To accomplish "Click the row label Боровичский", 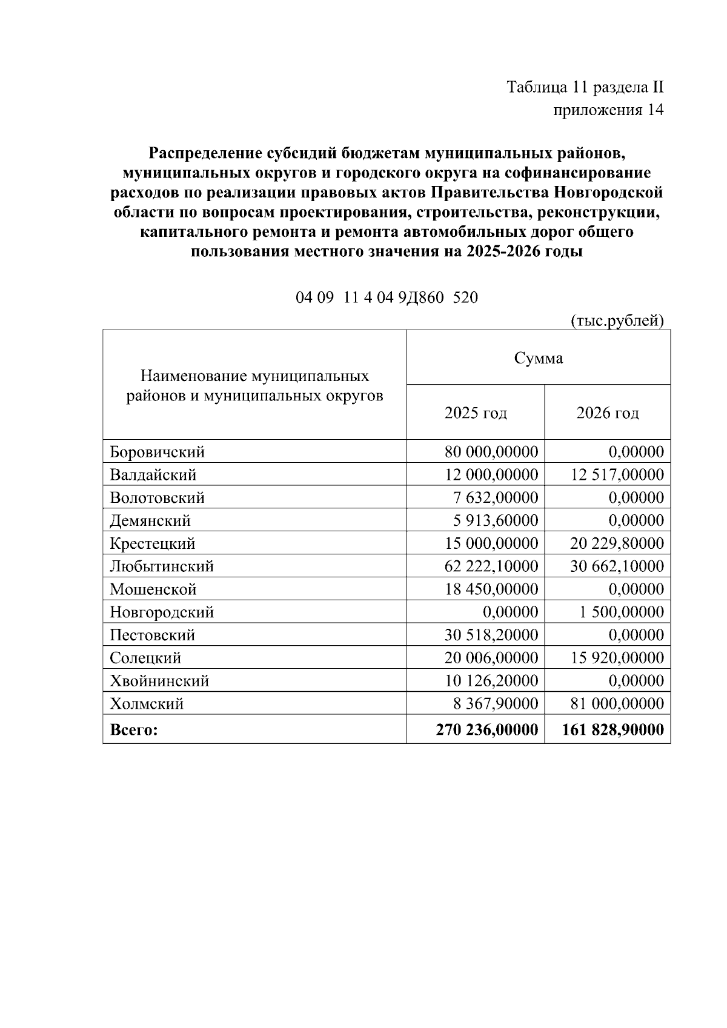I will (158, 452).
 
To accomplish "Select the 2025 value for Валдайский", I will (491, 475).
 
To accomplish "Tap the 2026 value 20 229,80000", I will (617, 543).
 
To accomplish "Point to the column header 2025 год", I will (476, 413).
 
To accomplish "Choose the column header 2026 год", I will (608, 413).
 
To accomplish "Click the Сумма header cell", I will (538, 358).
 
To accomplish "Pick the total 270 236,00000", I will (487, 730).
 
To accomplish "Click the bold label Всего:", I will (134, 730).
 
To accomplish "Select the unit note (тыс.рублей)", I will (617, 320).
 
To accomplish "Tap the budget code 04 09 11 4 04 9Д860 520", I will (387, 298).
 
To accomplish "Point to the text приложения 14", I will (608, 110).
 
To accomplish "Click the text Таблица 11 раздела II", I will (585, 88).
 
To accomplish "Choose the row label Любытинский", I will (162, 566).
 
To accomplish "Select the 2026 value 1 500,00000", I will (621, 612).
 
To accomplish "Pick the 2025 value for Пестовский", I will (491, 635).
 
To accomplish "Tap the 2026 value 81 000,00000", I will (617, 704).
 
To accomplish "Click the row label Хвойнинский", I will (159, 681).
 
